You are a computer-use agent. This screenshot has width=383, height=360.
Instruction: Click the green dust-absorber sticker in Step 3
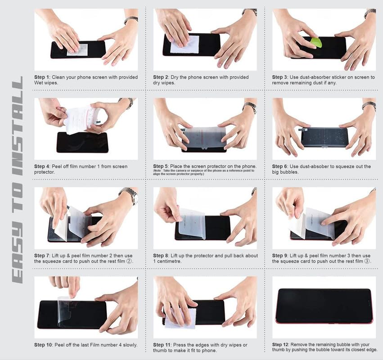[316, 42]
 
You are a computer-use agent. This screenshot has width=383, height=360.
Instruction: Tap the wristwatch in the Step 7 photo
[129, 195]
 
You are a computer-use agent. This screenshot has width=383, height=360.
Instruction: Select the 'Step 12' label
[280, 345]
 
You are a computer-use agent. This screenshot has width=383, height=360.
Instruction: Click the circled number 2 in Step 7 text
[129, 261]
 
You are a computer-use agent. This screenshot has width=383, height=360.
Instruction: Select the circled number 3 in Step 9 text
[367, 261]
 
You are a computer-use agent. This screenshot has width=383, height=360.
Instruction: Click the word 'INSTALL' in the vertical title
[18, 126]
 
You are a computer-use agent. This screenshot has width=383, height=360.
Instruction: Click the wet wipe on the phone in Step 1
[77, 49]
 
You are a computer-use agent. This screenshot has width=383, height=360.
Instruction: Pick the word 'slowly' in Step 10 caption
[131, 345]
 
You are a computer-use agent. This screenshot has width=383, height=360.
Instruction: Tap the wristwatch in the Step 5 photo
[250, 108]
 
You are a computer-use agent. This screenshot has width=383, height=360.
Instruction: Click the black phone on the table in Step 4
[82, 143]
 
